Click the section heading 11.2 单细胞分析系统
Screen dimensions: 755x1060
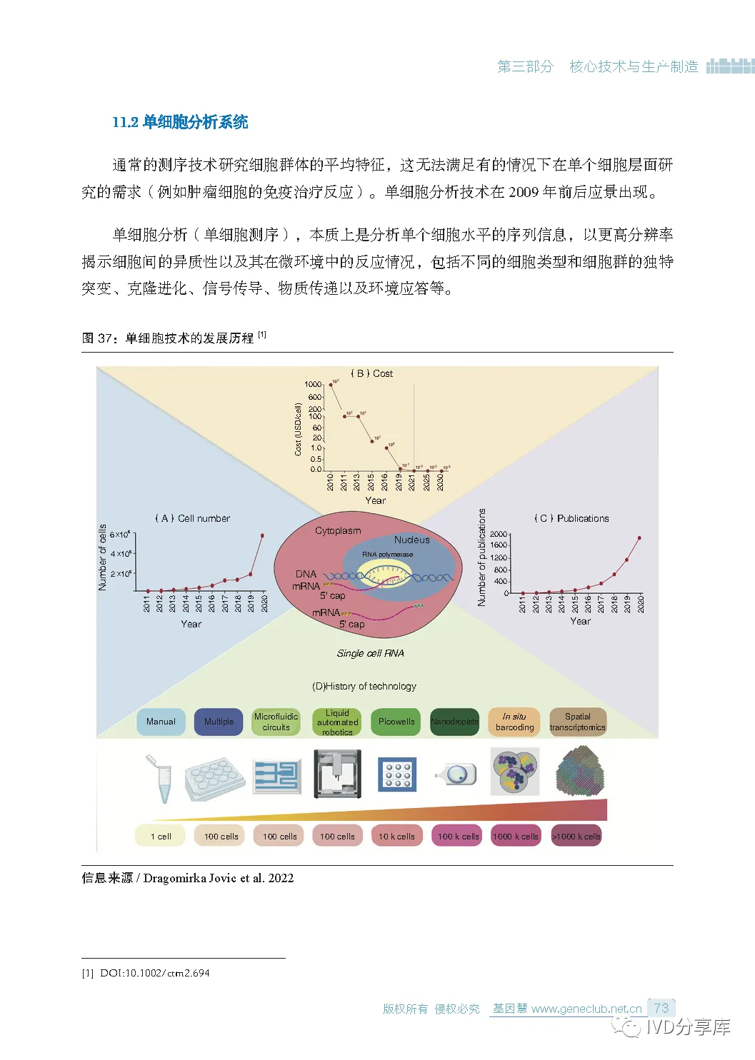click(180, 122)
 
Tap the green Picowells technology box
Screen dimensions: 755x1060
click(396, 722)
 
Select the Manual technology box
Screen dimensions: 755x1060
click(161, 722)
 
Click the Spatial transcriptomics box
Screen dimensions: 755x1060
click(577, 722)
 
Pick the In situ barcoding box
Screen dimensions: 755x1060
click(514, 722)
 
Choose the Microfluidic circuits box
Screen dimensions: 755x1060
click(276, 722)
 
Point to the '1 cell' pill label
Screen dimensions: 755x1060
click(161, 836)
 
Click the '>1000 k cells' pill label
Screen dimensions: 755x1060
click(576, 836)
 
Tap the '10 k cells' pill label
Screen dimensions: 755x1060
click(396, 836)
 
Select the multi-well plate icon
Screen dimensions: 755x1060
click(214, 778)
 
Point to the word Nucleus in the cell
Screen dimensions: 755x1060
click(411, 540)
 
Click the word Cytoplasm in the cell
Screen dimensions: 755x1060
click(338, 530)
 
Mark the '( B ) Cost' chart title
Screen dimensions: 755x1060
click(371, 373)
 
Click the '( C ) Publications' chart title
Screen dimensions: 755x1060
click(571, 518)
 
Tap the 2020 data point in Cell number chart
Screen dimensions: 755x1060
click(263, 535)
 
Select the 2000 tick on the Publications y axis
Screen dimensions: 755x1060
click(499, 534)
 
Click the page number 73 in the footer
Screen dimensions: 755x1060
click(661, 1008)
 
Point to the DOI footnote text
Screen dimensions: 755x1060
click(154, 973)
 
